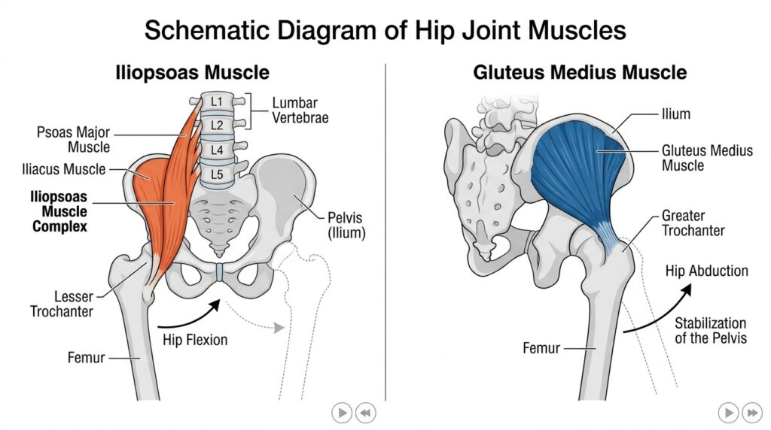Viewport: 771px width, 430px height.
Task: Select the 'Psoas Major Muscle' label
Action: [x=74, y=140]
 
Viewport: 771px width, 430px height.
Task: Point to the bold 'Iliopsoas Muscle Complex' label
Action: [x=59, y=210]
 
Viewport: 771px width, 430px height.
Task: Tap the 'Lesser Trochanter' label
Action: [x=62, y=303]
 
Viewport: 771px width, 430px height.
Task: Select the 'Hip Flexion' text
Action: [x=195, y=340]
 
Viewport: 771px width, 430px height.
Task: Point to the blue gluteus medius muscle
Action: [x=580, y=165]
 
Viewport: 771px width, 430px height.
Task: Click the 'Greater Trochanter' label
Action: [x=693, y=223]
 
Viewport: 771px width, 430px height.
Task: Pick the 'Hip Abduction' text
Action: [x=706, y=271]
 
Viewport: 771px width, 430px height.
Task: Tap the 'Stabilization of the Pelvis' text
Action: [x=710, y=330]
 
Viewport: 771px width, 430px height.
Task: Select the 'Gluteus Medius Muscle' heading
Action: [x=580, y=73]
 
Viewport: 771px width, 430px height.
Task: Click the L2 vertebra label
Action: [x=218, y=125]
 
